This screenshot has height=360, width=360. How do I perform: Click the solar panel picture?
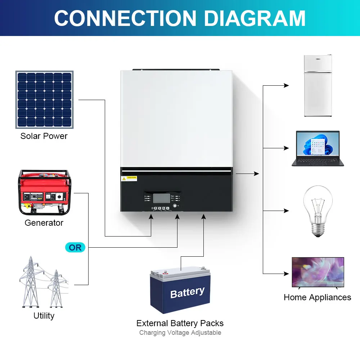(x=44, y=100)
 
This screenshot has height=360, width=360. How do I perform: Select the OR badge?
(x=75, y=247)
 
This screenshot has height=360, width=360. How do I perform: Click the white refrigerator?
(x=318, y=86)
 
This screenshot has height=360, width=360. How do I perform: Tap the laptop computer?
(x=317, y=148)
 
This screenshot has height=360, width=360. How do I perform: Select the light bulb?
(x=317, y=211)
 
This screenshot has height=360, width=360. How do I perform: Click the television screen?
(x=318, y=272)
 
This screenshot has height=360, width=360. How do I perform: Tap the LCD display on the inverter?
(x=161, y=198)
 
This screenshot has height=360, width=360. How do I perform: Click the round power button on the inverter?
(x=175, y=207)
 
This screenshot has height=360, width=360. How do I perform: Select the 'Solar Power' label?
(x=44, y=136)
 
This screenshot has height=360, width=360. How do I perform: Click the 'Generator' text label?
(x=44, y=223)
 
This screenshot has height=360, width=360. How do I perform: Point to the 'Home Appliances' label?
(x=317, y=297)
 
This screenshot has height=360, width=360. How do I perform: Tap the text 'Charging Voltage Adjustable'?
(x=180, y=333)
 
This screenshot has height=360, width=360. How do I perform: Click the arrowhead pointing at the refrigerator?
(x=287, y=86)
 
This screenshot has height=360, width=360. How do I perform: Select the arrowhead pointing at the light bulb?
(x=287, y=211)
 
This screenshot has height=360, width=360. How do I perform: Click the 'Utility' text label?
(x=44, y=316)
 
